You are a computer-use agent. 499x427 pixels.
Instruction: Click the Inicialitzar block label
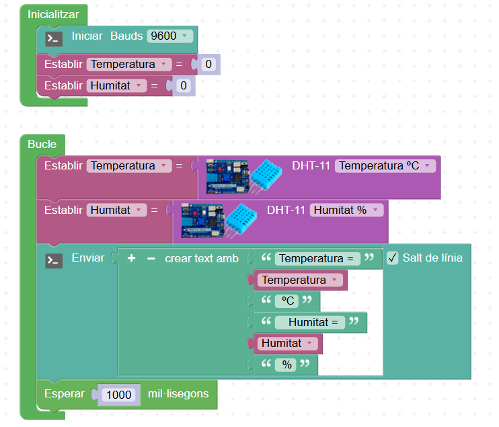tap(53, 14)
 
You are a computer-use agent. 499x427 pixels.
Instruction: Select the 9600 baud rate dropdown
tap(170, 36)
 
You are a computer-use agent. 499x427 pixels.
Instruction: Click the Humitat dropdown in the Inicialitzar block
tap(116, 86)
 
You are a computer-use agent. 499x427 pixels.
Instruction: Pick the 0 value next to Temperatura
tap(208, 65)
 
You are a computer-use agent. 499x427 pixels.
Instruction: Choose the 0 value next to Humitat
tap(183, 86)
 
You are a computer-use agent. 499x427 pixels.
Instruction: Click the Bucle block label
tap(42, 144)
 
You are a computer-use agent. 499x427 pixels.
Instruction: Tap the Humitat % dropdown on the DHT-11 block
tap(346, 210)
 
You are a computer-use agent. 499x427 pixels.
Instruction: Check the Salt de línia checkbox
tap(393, 258)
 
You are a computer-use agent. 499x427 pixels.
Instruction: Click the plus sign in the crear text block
tap(132, 258)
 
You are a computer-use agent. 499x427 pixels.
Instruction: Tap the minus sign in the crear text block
tap(151, 258)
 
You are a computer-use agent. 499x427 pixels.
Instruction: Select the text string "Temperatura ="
tap(316, 258)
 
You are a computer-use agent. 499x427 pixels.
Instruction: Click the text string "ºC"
tap(286, 301)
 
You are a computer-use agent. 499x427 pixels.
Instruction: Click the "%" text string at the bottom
tap(286, 365)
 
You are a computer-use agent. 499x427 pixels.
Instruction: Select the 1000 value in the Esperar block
tap(119, 394)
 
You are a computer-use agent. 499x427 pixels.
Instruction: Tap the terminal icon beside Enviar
tap(54, 260)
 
